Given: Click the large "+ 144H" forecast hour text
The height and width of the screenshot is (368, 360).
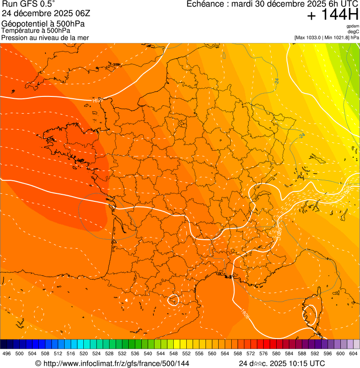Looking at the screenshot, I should point(332,15).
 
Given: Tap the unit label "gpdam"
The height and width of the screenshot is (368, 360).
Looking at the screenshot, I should point(353,26).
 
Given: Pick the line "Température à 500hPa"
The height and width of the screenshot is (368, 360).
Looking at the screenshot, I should point(36,30).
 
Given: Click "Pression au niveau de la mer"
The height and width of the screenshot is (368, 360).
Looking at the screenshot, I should point(45,37).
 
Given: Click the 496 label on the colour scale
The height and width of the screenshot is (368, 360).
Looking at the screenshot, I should point(7,354).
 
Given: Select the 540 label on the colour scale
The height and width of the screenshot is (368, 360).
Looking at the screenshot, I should point(147,354).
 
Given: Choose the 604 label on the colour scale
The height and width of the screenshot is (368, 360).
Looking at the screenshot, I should point(353,354).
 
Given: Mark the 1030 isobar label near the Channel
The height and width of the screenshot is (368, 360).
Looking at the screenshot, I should point(97,100).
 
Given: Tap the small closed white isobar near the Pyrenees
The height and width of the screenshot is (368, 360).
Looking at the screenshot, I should point(174,299).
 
